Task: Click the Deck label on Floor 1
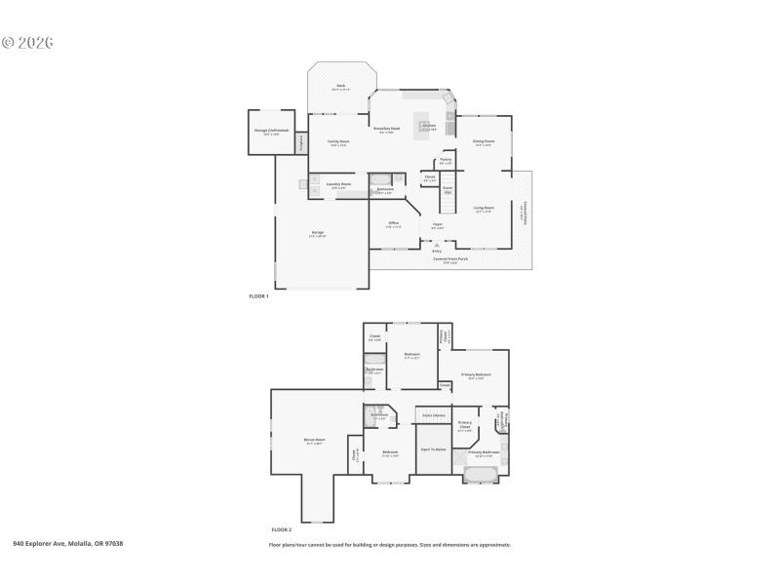(341, 87)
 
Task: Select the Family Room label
(338, 142)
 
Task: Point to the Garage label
(318, 233)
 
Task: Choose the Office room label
(394, 224)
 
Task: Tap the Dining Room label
(484, 142)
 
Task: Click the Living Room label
(484, 208)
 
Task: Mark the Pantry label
(446, 160)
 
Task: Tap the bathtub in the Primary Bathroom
(480, 475)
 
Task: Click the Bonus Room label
(314, 441)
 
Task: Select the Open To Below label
(434, 450)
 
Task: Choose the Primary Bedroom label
(477, 375)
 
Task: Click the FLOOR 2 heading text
(282, 529)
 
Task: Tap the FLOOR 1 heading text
(258, 295)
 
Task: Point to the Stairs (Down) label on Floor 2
(434, 415)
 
